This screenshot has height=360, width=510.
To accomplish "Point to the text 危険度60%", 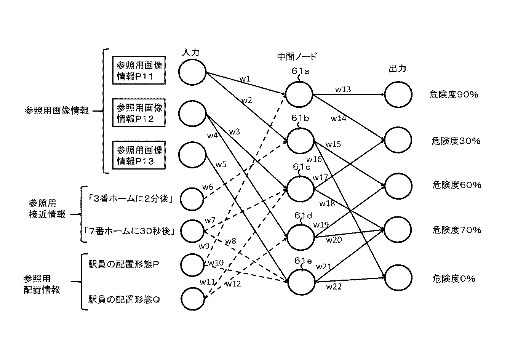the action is click(x=457, y=185).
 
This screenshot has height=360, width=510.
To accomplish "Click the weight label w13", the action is click(x=343, y=89).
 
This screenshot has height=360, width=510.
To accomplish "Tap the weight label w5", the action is click(x=221, y=165).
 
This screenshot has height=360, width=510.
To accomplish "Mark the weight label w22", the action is click(x=334, y=287).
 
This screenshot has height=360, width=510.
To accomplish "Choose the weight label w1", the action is click(x=245, y=79).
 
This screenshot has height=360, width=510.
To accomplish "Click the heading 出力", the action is click(x=397, y=69).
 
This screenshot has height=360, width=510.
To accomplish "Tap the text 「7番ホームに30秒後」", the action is click(x=129, y=231).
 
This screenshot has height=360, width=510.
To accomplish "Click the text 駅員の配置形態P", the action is click(x=123, y=264).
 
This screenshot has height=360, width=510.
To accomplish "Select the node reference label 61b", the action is click(x=300, y=118).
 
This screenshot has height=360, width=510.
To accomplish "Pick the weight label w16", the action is click(x=314, y=159).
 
